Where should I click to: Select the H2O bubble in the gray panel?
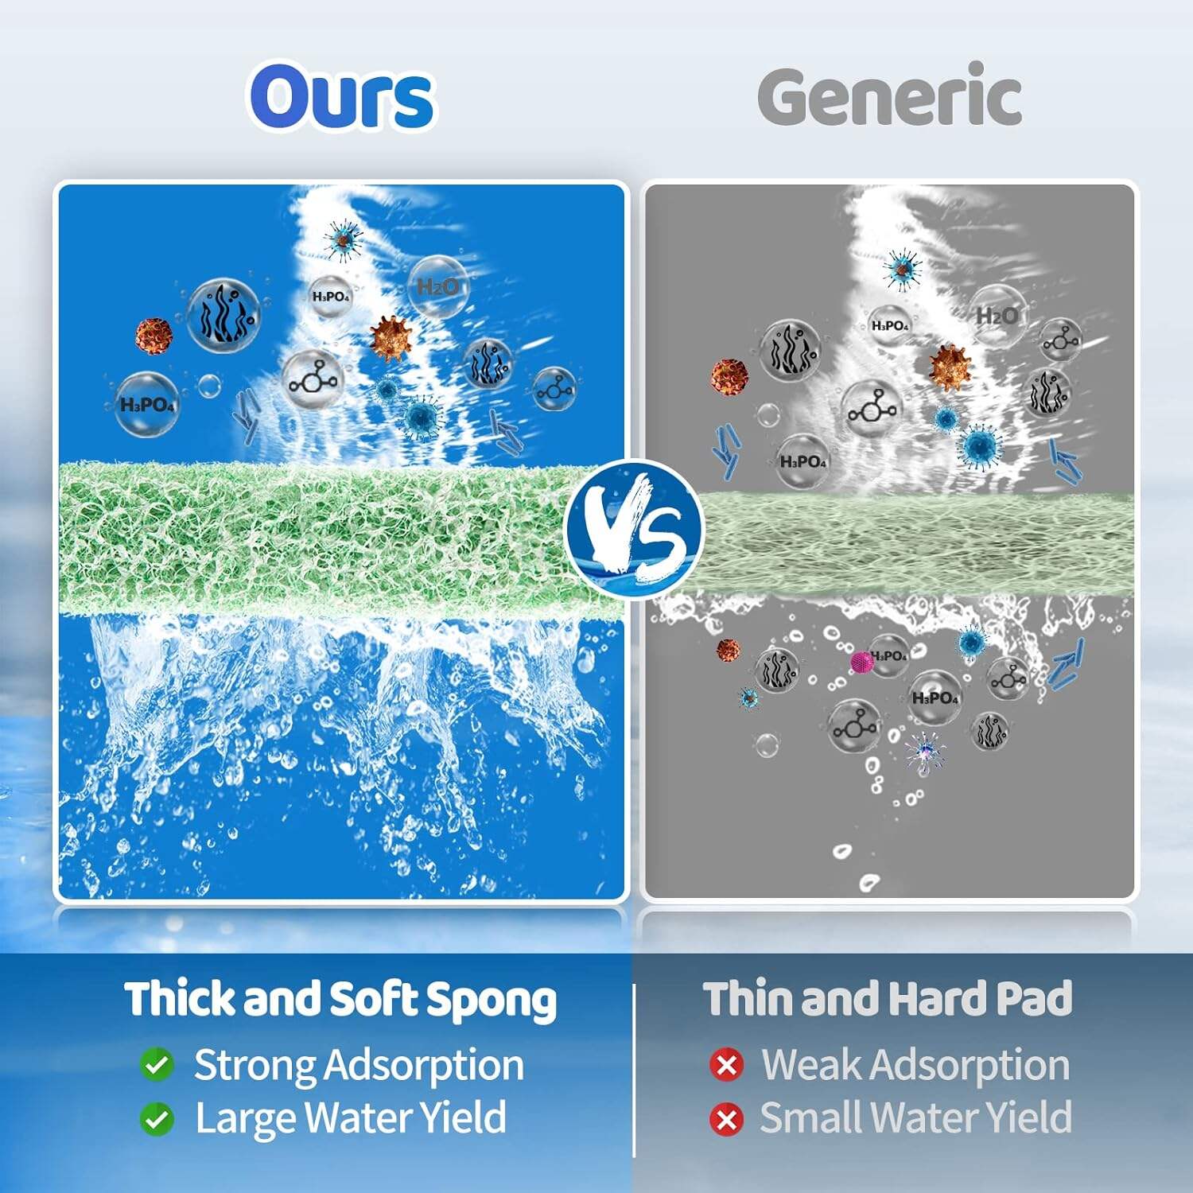(x=996, y=316)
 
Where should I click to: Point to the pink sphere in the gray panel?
(x=862, y=662)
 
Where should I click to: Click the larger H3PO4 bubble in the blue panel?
(x=147, y=404)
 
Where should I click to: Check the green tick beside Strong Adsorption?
(x=157, y=1065)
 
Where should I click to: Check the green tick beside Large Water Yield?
(x=157, y=1119)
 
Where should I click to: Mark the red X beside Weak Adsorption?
(x=726, y=1065)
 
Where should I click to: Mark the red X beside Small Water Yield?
(x=726, y=1119)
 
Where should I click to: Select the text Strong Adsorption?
(x=359, y=1066)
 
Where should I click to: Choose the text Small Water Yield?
(x=915, y=1117)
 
